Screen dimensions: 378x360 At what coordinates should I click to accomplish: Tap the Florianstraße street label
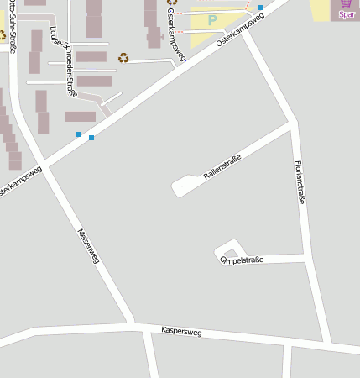[x=300, y=182]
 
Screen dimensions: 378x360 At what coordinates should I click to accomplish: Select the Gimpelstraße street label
[x=242, y=260]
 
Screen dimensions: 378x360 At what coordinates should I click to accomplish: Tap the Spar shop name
[x=347, y=14]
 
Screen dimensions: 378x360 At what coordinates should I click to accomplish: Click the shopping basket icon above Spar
[x=346, y=3]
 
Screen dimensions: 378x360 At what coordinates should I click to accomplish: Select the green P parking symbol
[x=212, y=18]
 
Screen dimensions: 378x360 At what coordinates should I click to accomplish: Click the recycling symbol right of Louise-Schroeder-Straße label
[x=123, y=58]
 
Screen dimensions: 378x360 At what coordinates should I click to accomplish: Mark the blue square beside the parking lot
[x=260, y=7]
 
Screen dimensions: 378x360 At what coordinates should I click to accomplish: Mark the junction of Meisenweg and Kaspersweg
[x=133, y=323]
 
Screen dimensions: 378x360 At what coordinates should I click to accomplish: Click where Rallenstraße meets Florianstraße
[x=293, y=123]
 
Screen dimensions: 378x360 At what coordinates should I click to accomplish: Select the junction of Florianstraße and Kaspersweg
[x=328, y=344]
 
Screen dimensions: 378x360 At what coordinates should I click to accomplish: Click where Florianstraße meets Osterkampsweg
[x=244, y=29]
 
